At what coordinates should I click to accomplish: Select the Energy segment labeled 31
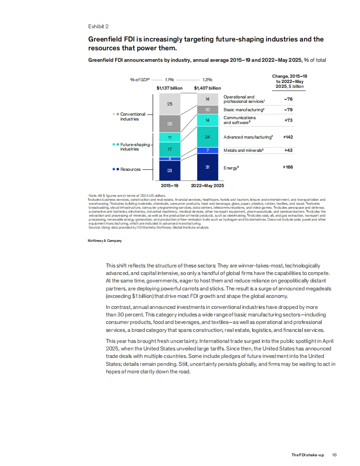point(207,167)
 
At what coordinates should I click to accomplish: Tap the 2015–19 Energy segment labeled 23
point(170,170)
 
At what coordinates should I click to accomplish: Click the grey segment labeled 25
point(170,104)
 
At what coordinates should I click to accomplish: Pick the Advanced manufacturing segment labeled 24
point(207,137)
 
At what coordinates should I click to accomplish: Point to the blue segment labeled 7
point(207,150)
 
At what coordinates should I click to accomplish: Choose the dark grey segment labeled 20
point(170,124)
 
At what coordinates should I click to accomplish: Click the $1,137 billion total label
point(170,88)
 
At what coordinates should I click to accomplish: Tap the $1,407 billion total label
point(207,88)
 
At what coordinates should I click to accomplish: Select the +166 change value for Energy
point(288,168)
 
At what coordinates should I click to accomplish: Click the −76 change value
point(289,99)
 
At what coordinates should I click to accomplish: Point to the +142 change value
point(288,137)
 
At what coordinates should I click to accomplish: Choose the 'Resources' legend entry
point(130,169)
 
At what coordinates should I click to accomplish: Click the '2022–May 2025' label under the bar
point(207,185)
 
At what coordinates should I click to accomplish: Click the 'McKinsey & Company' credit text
point(105,241)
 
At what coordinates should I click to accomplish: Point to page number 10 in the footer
point(334,455)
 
